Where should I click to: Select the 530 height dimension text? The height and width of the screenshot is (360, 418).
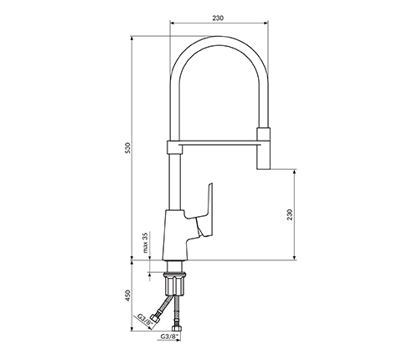pos(127,148)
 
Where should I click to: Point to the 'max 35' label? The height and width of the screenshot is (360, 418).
pos(145,243)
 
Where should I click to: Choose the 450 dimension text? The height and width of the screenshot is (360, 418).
pos(127,296)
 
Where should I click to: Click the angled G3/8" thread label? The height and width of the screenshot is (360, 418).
pos(144,320)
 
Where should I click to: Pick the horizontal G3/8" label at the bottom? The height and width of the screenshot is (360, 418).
pos(169,337)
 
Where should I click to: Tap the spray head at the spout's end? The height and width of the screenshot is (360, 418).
pos(263,148)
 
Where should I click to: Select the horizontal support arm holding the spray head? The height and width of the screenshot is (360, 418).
pos(219,143)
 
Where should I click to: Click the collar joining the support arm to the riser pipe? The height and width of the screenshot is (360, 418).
pos(175,147)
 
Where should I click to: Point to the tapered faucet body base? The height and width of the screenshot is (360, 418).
pos(174,234)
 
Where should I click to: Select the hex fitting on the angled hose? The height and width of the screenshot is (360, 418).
pos(154,319)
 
